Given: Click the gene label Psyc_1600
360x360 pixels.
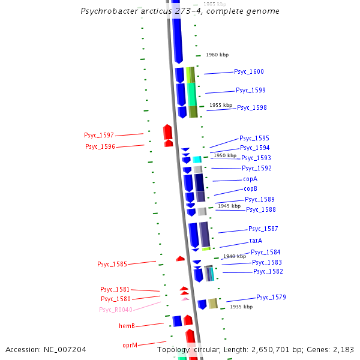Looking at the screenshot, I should (x=248, y=72).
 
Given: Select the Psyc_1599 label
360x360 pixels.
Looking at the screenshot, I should (x=250, y=91).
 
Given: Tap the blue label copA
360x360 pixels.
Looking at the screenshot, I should (x=250, y=179).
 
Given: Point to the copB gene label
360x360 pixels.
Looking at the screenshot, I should (x=250, y=189).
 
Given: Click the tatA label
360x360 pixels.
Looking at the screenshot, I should (x=256, y=241).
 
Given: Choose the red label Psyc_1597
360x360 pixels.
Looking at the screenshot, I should (x=99, y=136).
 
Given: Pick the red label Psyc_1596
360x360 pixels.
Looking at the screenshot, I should (x=100, y=147).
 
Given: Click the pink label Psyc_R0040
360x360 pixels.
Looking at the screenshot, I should (x=116, y=310).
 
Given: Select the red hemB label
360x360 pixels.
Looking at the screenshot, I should (x=127, y=326).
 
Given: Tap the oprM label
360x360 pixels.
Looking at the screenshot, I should (x=130, y=346).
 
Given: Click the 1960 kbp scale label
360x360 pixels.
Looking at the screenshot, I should (x=217, y=55).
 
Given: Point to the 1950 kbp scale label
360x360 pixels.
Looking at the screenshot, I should (x=225, y=155).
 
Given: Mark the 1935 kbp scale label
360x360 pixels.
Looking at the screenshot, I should (x=241, y=307).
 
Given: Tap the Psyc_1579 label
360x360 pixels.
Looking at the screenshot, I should (x=271, y=298).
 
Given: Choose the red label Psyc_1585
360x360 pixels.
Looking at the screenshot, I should (x=112, y=265).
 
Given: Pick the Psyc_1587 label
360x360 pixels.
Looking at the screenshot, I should (x=263, y=229).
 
